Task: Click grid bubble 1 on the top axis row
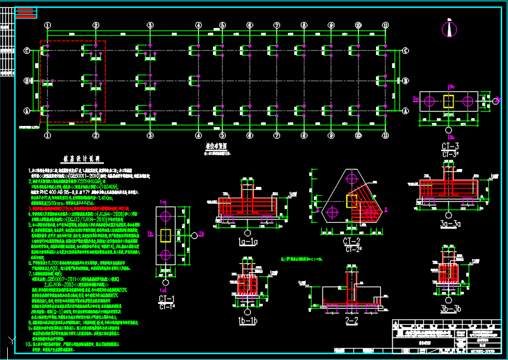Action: click(47, 25)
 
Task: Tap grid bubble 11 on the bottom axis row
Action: click(386, 135)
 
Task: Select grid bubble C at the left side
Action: click(26, 51)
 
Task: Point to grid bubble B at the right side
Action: click(406, 81)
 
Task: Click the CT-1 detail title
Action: click(167, 299)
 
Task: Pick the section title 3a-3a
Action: click(449, 224)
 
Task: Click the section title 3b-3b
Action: click(449, 309)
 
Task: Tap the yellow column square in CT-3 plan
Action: click(449, 101)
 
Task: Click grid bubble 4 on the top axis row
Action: click(198, 25)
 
